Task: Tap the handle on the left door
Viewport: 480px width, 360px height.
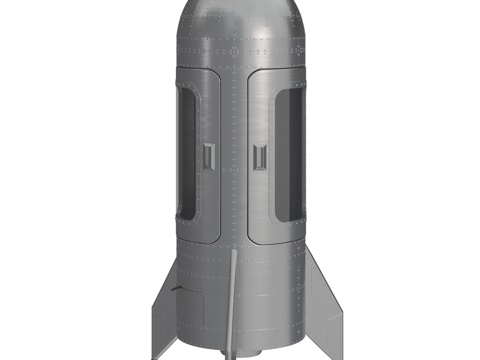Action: [209, 155]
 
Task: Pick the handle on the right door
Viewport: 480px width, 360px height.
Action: [260, 156]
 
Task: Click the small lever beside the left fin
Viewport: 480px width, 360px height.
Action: [177, 289]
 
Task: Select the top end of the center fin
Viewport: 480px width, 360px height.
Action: [234, 256]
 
